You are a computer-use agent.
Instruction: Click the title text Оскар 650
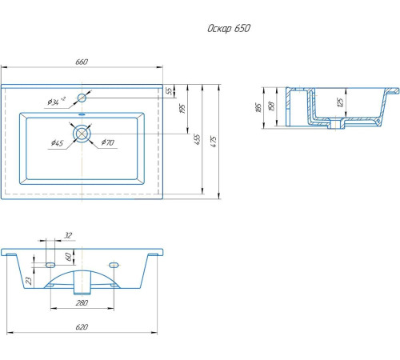click(229, 28)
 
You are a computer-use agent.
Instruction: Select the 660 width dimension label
click(82, 62)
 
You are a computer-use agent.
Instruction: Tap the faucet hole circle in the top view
click(82, 98)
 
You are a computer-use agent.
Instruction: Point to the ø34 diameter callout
click(56, 102)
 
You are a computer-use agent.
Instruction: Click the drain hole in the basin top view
click(82, 134)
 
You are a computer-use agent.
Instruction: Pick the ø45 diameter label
click(57, 143)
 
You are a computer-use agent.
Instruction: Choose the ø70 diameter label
click(108, 142)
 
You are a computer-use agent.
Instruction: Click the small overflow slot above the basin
click(82, 114)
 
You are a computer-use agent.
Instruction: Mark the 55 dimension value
click(170, 91)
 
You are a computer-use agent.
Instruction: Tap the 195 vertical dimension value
click(182, 109)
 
